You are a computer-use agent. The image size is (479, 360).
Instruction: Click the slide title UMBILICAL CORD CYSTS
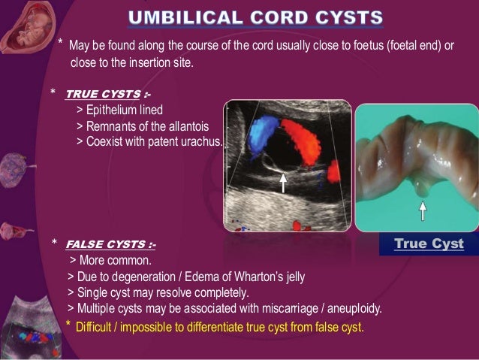(255, 17)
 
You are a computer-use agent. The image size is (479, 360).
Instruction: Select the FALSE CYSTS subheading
(110, 244)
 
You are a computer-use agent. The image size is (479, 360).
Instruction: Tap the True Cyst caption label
(429, 244)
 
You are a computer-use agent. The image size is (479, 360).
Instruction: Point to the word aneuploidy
(355, 308)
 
